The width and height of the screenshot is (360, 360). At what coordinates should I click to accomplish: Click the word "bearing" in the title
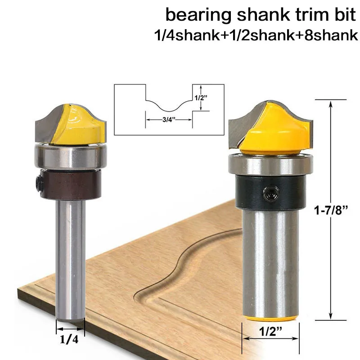tap(198, 16)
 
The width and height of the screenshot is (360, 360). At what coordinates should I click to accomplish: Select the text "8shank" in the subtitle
tap(331, 36)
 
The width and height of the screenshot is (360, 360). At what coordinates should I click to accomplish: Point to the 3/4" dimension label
tap(169, 120)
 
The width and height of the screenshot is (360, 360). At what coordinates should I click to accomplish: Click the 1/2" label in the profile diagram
tap(201, 98)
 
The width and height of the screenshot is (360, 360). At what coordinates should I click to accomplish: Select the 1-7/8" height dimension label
tap(331, 210)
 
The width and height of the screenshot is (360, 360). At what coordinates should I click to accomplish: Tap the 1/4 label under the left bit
tap(69, 339)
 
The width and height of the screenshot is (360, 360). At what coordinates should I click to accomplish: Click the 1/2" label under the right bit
tap(270, 331)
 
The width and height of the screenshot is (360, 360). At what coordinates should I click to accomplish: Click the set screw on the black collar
tap(271, 193)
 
